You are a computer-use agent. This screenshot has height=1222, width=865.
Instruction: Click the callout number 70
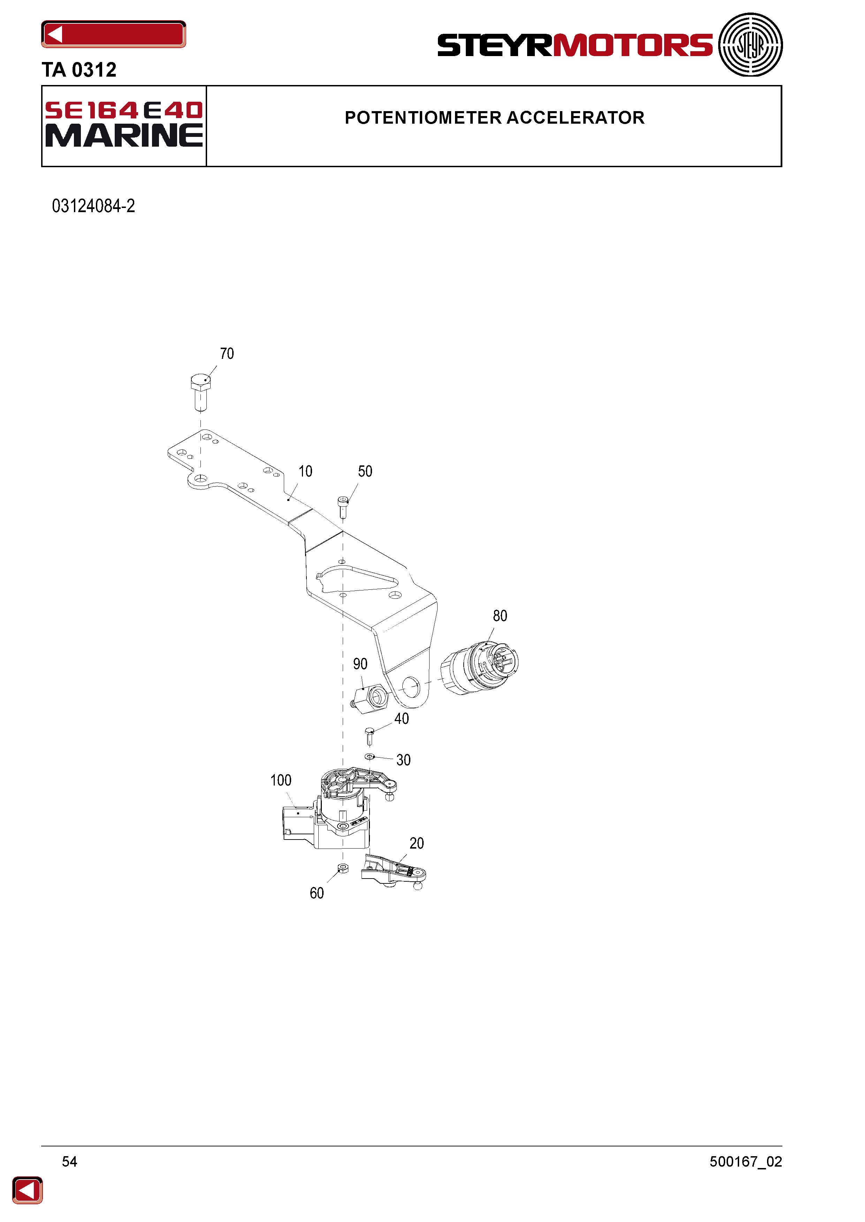click(x=227, y=354)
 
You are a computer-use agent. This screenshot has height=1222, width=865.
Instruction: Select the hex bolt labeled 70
click(x=200, y=392)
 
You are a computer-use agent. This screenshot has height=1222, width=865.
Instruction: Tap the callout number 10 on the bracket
click(x=305, y=472)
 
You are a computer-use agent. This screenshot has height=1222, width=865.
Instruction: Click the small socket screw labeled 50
click(x=343, y=507)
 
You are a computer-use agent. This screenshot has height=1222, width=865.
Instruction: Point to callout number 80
click(x=500, y=616)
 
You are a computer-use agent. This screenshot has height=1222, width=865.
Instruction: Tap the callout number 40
click(x=402, y=719)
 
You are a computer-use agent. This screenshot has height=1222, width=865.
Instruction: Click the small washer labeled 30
click(x=370, y=756)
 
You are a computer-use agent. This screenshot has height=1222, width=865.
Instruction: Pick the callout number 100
click(x=281, y=780)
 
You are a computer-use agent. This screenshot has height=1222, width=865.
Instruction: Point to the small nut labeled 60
click(x=343, y=868)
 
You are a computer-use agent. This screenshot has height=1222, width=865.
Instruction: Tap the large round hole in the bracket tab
click(x=411, y=687)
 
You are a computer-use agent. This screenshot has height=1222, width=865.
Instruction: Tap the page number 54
click(x=69, y=1161)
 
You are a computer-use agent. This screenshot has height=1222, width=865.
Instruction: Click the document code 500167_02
click(x=746, y=1161)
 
